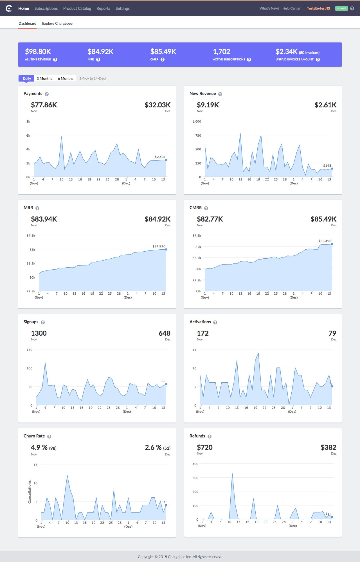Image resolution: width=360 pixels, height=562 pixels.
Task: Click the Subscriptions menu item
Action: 46,8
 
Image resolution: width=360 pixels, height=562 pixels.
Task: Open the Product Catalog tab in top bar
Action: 77,8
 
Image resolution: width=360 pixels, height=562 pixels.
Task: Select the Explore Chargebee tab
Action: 57,24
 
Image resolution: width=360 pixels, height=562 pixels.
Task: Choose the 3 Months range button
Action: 44,78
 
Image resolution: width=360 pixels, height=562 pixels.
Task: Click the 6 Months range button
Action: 65,78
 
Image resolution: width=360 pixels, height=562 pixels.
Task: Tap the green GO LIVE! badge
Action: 341,8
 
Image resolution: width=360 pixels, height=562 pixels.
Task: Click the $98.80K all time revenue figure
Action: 38,52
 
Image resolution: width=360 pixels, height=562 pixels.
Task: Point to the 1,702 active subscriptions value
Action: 221,52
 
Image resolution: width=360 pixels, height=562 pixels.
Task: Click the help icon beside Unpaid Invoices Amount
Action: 318,60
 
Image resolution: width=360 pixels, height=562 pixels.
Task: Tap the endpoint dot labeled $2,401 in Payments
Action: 166,160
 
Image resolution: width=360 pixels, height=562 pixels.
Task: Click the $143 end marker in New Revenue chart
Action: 332,169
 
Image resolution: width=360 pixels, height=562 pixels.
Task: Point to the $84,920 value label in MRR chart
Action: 159,246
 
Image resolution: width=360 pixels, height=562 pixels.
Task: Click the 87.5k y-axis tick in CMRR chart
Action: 197,236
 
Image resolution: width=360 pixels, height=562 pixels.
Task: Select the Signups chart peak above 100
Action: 45,363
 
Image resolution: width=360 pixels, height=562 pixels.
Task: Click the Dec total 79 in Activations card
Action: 332,333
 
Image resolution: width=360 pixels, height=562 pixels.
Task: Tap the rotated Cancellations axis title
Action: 30,492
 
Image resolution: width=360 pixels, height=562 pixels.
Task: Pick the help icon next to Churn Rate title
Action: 49,437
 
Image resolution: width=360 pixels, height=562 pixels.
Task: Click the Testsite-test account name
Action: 316,8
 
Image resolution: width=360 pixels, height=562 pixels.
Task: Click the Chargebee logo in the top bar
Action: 9,8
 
